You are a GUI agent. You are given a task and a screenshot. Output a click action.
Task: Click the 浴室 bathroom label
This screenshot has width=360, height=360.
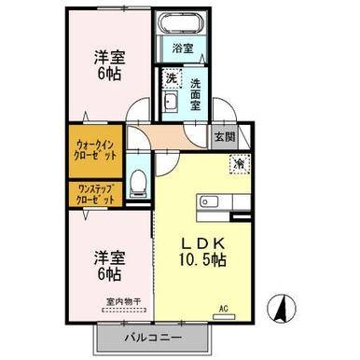(182, 48)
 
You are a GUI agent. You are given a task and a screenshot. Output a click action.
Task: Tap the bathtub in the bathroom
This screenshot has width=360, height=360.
(183, 25)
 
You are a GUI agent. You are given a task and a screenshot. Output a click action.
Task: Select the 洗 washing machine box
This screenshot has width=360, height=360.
(172, 78)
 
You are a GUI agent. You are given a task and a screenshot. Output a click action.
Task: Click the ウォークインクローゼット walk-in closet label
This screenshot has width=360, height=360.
(97, 151)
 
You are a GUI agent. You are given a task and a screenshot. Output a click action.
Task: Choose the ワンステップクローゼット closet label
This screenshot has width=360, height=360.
(97, 195)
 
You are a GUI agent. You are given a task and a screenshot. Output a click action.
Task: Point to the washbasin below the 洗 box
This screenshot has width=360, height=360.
(170, 104)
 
